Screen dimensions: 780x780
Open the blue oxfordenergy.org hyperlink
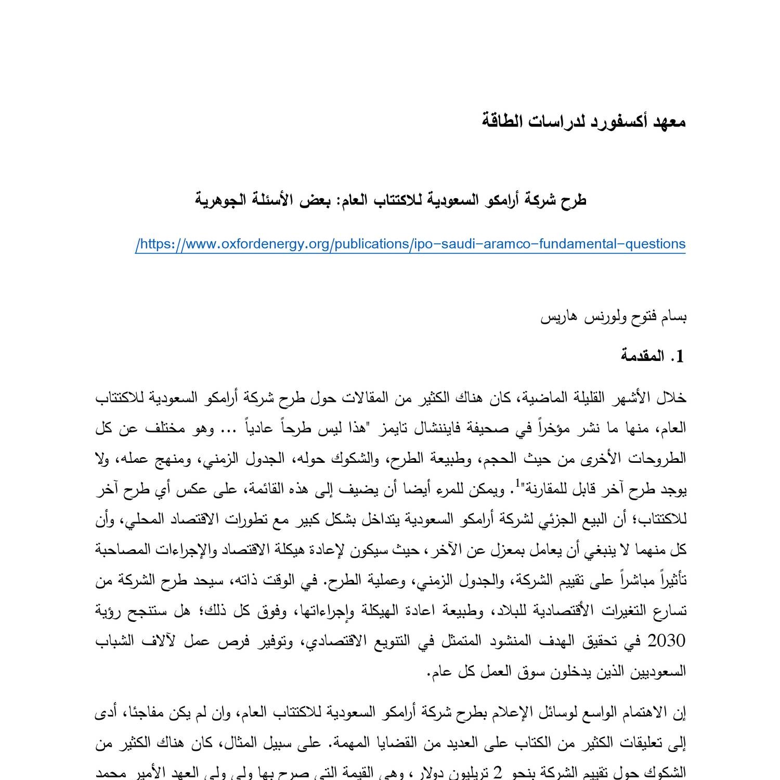[410, 244]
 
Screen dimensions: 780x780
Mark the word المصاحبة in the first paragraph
[123, 550]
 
